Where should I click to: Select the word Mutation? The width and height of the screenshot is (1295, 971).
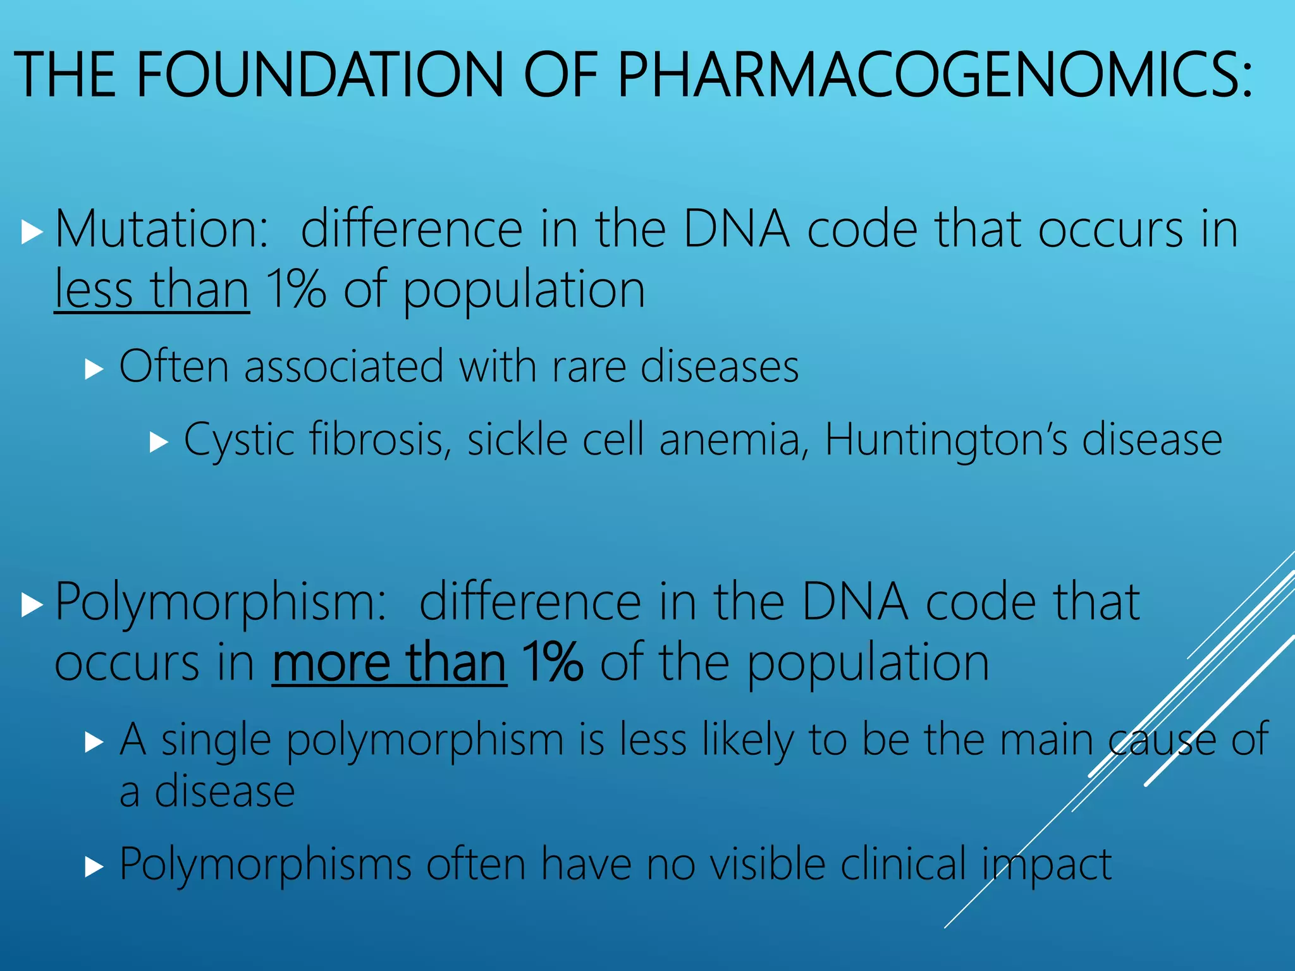162,228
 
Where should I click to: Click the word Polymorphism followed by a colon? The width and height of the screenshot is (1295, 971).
220,601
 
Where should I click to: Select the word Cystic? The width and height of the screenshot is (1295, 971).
239,441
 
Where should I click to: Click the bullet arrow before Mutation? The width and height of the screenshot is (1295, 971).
31,232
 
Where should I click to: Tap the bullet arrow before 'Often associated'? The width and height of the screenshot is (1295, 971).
94,369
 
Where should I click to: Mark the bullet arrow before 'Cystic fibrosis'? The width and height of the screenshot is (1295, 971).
159,443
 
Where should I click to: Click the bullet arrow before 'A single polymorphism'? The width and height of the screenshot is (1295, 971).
94,742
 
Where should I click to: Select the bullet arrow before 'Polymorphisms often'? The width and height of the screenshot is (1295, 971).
94,867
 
